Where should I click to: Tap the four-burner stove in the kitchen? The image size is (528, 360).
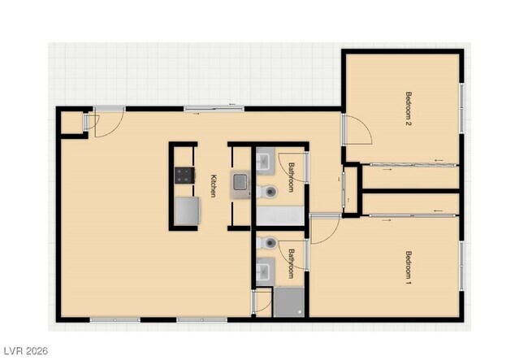(x=184, y=174)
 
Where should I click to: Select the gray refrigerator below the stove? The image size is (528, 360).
(x=186, y=211)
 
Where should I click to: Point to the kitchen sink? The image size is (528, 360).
(x=241, y=185)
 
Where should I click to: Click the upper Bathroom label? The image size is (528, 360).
(x=292, y=176)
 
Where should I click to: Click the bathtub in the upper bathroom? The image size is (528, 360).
(x=279, y=216)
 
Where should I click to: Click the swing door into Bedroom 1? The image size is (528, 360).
(x=324, y=230)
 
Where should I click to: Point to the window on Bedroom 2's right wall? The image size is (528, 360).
(x=462, y=108)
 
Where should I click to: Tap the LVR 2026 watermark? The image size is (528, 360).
(x=25, y=351)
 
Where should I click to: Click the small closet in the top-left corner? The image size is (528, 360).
(x=71, y=122)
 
